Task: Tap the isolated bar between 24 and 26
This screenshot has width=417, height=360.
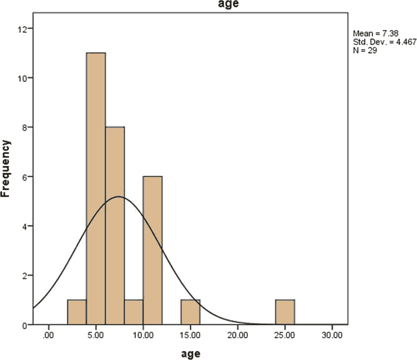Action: [285, 312]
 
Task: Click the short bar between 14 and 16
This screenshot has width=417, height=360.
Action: [190, 312]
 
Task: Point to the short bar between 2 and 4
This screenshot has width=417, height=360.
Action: [77, 312]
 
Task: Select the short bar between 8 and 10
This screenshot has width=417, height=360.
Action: [134, 312]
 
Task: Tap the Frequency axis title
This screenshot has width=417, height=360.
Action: [6, 169]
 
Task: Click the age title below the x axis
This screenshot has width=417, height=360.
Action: [190, 353]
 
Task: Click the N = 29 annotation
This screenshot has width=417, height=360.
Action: [365, 50]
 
